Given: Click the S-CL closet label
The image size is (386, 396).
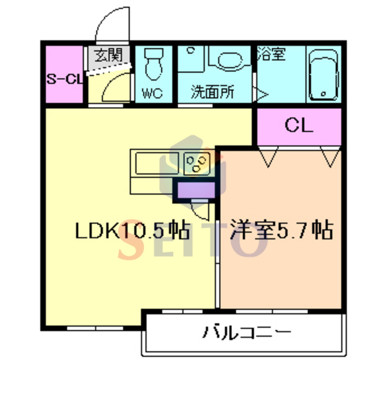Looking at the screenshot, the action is (x=65, y=79).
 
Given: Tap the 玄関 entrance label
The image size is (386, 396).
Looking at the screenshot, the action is (x=109, y=55).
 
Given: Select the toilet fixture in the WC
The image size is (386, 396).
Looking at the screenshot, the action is (x=153, y=64).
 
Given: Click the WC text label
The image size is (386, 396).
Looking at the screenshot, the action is (x=152, y=93).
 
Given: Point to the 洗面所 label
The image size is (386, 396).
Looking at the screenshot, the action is (x=213, y=92).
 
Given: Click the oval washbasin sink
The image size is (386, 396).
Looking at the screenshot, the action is (x=230, y=59).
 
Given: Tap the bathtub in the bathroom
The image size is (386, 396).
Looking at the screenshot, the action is (x=324, y=75).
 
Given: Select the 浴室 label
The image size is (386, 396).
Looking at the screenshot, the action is (x=272, y=54).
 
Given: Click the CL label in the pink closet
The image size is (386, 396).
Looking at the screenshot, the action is (x=299, y=125).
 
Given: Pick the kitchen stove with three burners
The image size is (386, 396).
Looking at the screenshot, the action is (x=197, y=163).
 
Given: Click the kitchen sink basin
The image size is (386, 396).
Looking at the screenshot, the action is (x=157, y=163).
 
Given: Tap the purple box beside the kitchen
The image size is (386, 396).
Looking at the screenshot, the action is (x=196, y=190).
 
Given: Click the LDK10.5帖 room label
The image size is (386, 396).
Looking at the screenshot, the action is (x=132, y=230).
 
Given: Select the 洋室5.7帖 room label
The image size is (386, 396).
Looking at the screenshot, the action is (x=281, y=230).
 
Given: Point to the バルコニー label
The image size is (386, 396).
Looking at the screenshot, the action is (x=247, y=332).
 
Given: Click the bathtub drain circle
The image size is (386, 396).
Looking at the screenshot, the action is (x=324, y=94).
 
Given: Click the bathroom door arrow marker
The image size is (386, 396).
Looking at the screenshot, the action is (x=262, y=95).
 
